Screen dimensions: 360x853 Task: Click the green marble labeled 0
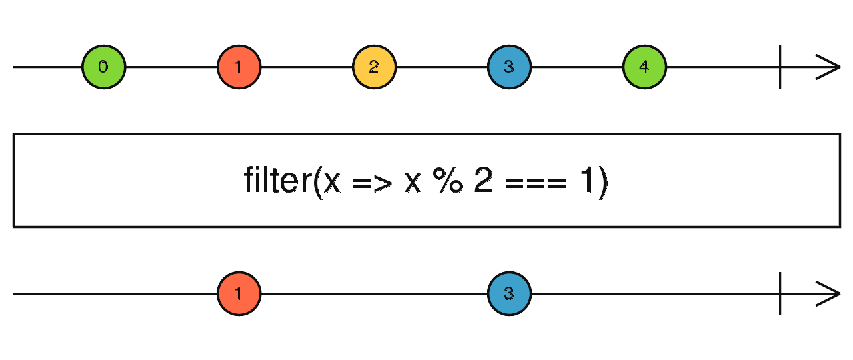pyautogui.click(x=103, y=67)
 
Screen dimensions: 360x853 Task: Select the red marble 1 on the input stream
pyautogui.click(x=239, y=67)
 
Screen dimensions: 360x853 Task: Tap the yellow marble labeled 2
pyautogui.click(x=374, y=67)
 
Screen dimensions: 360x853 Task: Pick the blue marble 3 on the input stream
pyautogui.click(x=509, y=67)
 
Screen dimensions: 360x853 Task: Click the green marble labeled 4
pyautogui.click(x=644, y=67)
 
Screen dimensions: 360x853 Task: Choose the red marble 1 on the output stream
pyautogui.click(x=239, y=293)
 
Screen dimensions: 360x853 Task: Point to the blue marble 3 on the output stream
pyautogui.click(x=509, y=293)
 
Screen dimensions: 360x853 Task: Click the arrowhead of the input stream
pyautogui.click(x=830, y=67)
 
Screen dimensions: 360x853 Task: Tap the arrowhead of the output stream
pyautogui.click(x=830, y=293)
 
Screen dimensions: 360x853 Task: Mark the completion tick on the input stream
pyautogui.click(x=780, y=67)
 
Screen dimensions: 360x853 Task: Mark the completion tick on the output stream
pyautogui.click(x=780, y=293)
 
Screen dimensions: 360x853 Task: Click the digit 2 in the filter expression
pyautogui.click(x=483, y=181)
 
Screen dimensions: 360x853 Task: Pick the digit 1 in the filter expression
pyautogui.click(x=586, y=181)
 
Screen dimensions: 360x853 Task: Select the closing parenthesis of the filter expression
pyautogui.click(x=602, y=182)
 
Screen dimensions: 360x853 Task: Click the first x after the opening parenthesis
pyautogui.click(x=332, y=183)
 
